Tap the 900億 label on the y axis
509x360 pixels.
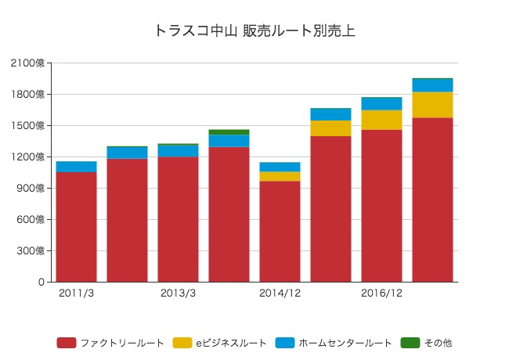31,189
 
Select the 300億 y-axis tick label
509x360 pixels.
31,251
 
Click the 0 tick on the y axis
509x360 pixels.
41,283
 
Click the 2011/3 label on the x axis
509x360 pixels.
76,294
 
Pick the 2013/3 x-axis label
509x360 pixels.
178,294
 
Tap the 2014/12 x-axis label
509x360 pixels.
280,294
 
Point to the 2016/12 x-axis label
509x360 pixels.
381,294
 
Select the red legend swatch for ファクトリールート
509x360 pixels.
67,343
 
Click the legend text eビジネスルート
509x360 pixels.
231,343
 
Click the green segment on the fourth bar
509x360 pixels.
229,132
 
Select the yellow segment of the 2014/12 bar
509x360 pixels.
280,176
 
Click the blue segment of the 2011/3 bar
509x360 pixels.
76,167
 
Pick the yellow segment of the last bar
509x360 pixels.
432,105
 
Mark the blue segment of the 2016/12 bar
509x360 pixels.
381,103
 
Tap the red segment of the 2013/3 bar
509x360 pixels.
178,219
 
